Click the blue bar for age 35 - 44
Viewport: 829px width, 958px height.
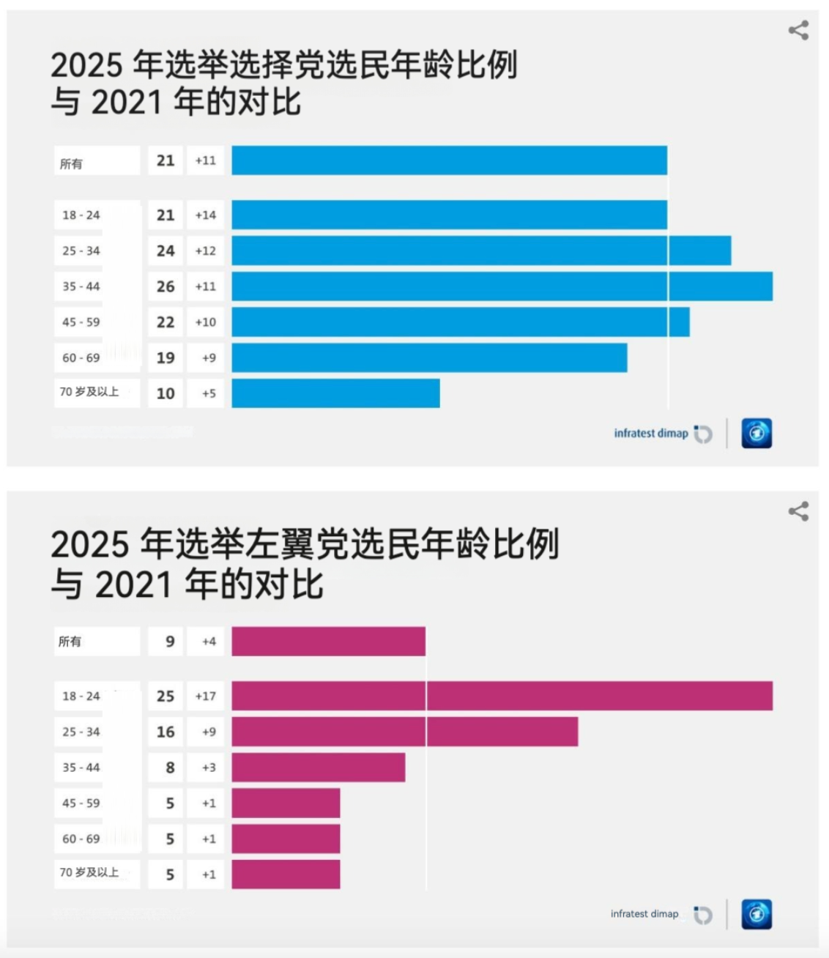coord(502,286)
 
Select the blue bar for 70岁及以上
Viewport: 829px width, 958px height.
coord(335,393)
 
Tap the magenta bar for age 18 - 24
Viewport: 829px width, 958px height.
coord(502,696)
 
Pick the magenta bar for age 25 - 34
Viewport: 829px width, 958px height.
coord(404,732)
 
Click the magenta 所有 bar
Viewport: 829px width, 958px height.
coord(328,642)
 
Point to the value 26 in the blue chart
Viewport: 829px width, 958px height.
coord(166,286)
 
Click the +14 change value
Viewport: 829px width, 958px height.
coord(206,215)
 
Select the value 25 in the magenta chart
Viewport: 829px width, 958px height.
coord(166,696)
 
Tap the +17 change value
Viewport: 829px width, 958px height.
coord(206,696)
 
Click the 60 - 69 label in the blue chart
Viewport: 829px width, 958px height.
coord(81,358)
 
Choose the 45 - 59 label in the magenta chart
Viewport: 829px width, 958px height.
coord(81,803)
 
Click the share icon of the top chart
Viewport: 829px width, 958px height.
coord(798,30)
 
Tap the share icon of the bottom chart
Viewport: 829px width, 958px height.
coord(798,511)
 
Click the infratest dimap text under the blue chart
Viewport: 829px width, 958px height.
coord(651,434)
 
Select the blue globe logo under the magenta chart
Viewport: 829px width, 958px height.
coord(756,915)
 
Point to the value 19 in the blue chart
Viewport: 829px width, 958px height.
coord(166,358)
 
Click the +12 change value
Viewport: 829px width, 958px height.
coord(206,251)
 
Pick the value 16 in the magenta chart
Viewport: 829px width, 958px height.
coord(166,732)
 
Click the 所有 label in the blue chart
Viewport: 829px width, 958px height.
coord(71,164)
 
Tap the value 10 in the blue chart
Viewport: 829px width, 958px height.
coord(166,393)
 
